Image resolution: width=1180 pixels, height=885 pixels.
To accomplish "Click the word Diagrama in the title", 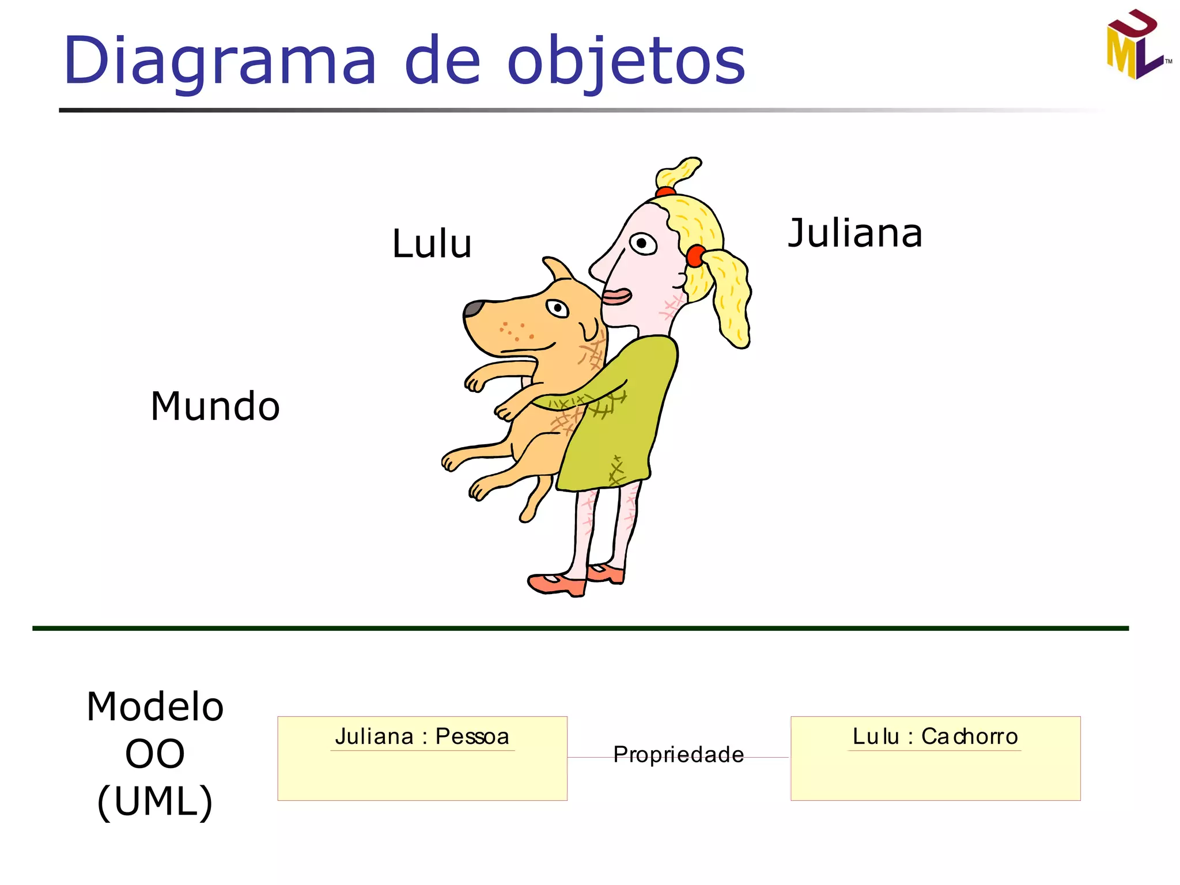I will coord(220,61).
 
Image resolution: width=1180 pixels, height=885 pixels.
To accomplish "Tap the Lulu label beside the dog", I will coord(432,244).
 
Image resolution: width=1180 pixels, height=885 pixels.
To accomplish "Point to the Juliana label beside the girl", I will coord(855,233).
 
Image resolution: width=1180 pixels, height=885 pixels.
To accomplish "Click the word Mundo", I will coord(215,406).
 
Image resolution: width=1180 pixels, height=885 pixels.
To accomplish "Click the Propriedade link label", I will coord(678,755).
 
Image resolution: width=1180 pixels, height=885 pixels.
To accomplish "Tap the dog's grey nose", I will coord(474,308).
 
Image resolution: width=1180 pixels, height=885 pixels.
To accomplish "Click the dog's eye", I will coord(557,308).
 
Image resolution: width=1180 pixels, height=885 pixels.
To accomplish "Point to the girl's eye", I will coord(643,243).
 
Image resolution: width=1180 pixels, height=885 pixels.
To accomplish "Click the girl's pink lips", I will coord(617,297).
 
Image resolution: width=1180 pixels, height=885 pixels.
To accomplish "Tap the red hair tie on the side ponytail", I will coord(695,256).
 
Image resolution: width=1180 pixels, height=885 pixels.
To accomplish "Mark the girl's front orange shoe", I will coord(556,584).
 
